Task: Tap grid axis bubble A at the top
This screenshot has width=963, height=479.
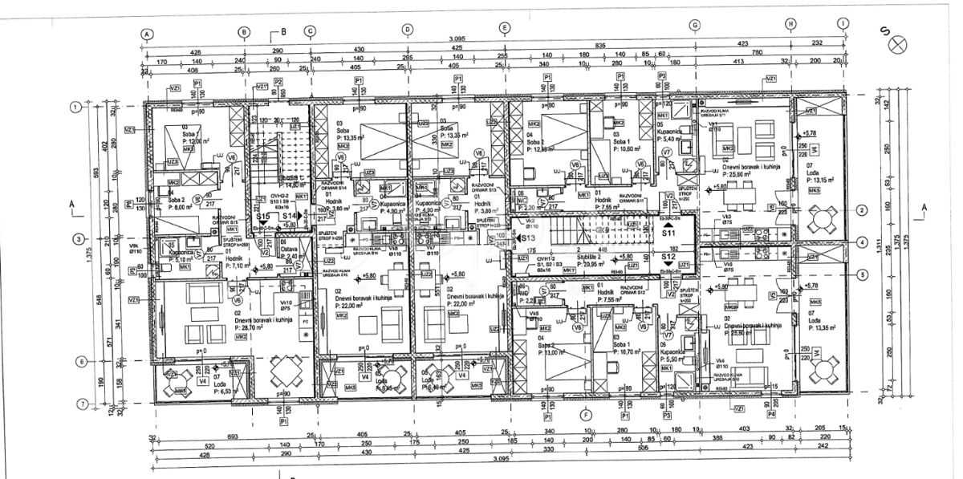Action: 147,34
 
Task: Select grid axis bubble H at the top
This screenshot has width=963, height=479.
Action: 790,24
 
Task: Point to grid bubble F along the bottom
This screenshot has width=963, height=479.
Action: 585,415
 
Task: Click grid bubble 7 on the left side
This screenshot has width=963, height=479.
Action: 78,403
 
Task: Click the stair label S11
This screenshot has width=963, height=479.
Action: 668,233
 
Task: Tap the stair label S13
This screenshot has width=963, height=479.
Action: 527,238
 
